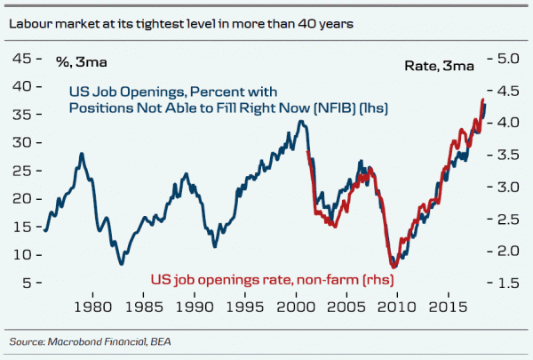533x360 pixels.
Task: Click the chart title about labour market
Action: [181, 24]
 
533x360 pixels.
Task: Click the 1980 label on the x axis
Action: [91, 308]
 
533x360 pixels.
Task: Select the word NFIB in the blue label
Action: [341, 108]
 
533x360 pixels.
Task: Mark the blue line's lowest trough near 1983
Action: [122, 264]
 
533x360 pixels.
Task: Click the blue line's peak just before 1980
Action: [82, 154]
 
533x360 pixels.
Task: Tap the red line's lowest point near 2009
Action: [394, 267]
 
